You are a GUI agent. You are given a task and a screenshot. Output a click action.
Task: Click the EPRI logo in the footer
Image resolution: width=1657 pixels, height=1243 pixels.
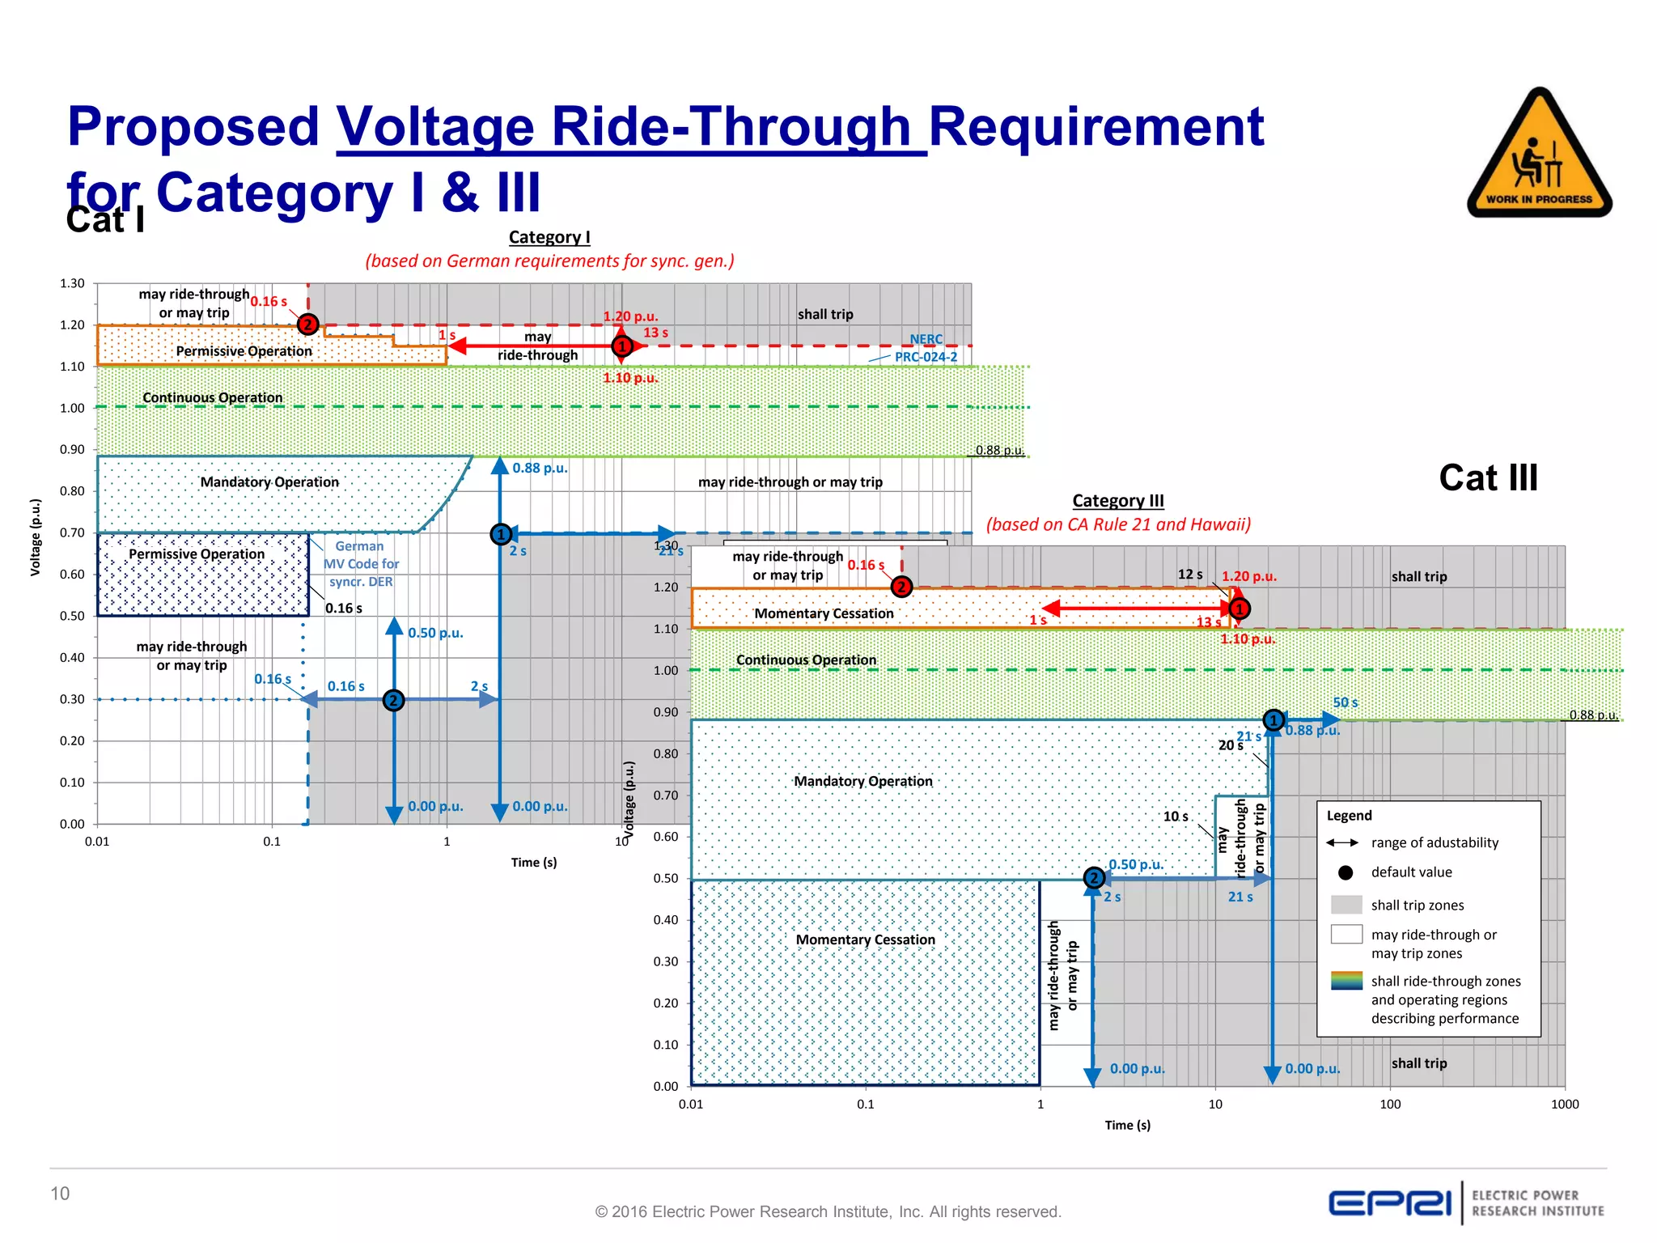pos(1389,1203)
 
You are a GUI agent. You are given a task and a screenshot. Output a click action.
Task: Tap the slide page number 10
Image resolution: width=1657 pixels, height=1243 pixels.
pos(60,1194)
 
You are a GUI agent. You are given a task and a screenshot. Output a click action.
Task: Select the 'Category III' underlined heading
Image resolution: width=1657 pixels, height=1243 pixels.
pos(1118,501)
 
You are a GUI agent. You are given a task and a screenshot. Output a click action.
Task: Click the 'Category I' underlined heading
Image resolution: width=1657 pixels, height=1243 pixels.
pos(549,237)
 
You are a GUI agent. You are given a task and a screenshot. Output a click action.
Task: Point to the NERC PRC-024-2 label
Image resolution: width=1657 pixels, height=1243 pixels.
pos(926,348)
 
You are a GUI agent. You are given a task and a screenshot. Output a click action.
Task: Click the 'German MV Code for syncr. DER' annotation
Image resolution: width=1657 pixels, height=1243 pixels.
pos(361,564)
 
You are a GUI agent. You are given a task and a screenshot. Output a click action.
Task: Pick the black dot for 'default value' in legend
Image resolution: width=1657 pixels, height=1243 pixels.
pos(1346,872)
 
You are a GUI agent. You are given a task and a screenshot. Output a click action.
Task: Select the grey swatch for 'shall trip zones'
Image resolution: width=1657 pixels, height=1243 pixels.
pos(1346,905)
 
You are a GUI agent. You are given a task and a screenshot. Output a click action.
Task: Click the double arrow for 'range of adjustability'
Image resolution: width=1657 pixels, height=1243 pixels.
pos(1342,842)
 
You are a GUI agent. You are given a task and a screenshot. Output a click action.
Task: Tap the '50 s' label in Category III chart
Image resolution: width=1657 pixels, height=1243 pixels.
pos(1346,702)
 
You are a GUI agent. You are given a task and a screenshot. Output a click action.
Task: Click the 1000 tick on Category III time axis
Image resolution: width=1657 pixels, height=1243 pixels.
pos(1565,1104)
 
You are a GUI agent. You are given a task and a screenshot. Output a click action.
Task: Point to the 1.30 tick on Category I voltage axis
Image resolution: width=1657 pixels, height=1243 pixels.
pos(72,283)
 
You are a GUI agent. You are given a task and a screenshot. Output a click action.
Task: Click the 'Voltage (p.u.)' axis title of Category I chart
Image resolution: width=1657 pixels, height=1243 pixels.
pos(36,537)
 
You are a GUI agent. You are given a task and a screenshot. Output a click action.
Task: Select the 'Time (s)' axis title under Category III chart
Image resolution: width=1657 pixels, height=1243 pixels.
pos(1127,1125)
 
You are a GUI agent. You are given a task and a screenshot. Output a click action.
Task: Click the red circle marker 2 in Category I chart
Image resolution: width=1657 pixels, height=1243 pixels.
pos(307,325)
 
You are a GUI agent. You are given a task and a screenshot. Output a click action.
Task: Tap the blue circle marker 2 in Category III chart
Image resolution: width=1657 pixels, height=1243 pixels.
pos(1094,878)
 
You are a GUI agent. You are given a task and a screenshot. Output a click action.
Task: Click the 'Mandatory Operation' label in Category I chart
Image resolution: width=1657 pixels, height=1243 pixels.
pos(269,482)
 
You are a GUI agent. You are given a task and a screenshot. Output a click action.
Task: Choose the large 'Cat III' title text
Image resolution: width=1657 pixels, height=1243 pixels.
pos(1488,478)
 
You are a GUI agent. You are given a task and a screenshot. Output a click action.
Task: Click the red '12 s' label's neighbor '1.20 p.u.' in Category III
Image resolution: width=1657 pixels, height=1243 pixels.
pos(1248,576)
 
